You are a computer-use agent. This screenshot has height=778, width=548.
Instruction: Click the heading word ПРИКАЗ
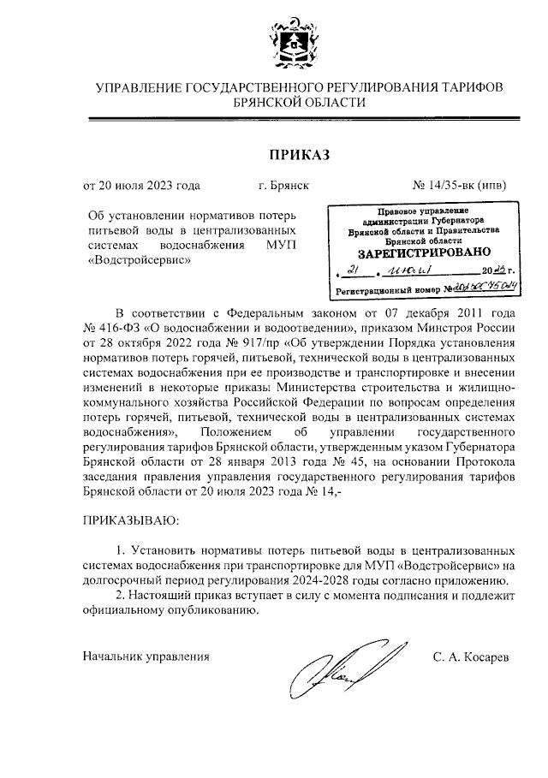pyautogui.click(x=299, y=154)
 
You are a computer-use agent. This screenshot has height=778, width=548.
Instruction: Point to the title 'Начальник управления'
pyautogui.click(x=146, y=656)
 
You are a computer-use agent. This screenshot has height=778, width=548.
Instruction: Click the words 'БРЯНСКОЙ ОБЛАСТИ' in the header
pyautogui.click(x=299, y=102)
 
